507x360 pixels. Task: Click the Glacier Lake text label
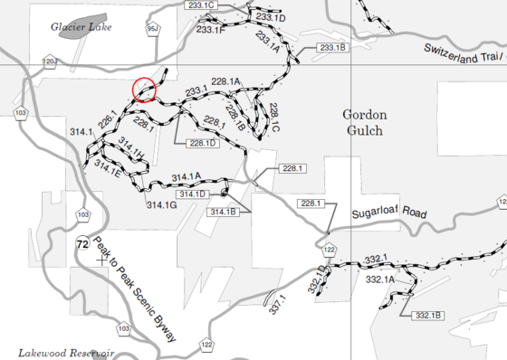pos(81,28)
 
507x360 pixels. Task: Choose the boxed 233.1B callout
pos(331,47)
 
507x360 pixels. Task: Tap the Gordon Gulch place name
pos(364,122)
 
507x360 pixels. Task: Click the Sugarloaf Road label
pos(388,213)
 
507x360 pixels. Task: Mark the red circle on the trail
pos(144,90)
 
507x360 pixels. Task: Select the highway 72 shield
pos(82,244)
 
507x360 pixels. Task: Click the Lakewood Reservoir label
pos(65,352)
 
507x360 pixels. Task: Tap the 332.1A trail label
pos(380,280)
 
